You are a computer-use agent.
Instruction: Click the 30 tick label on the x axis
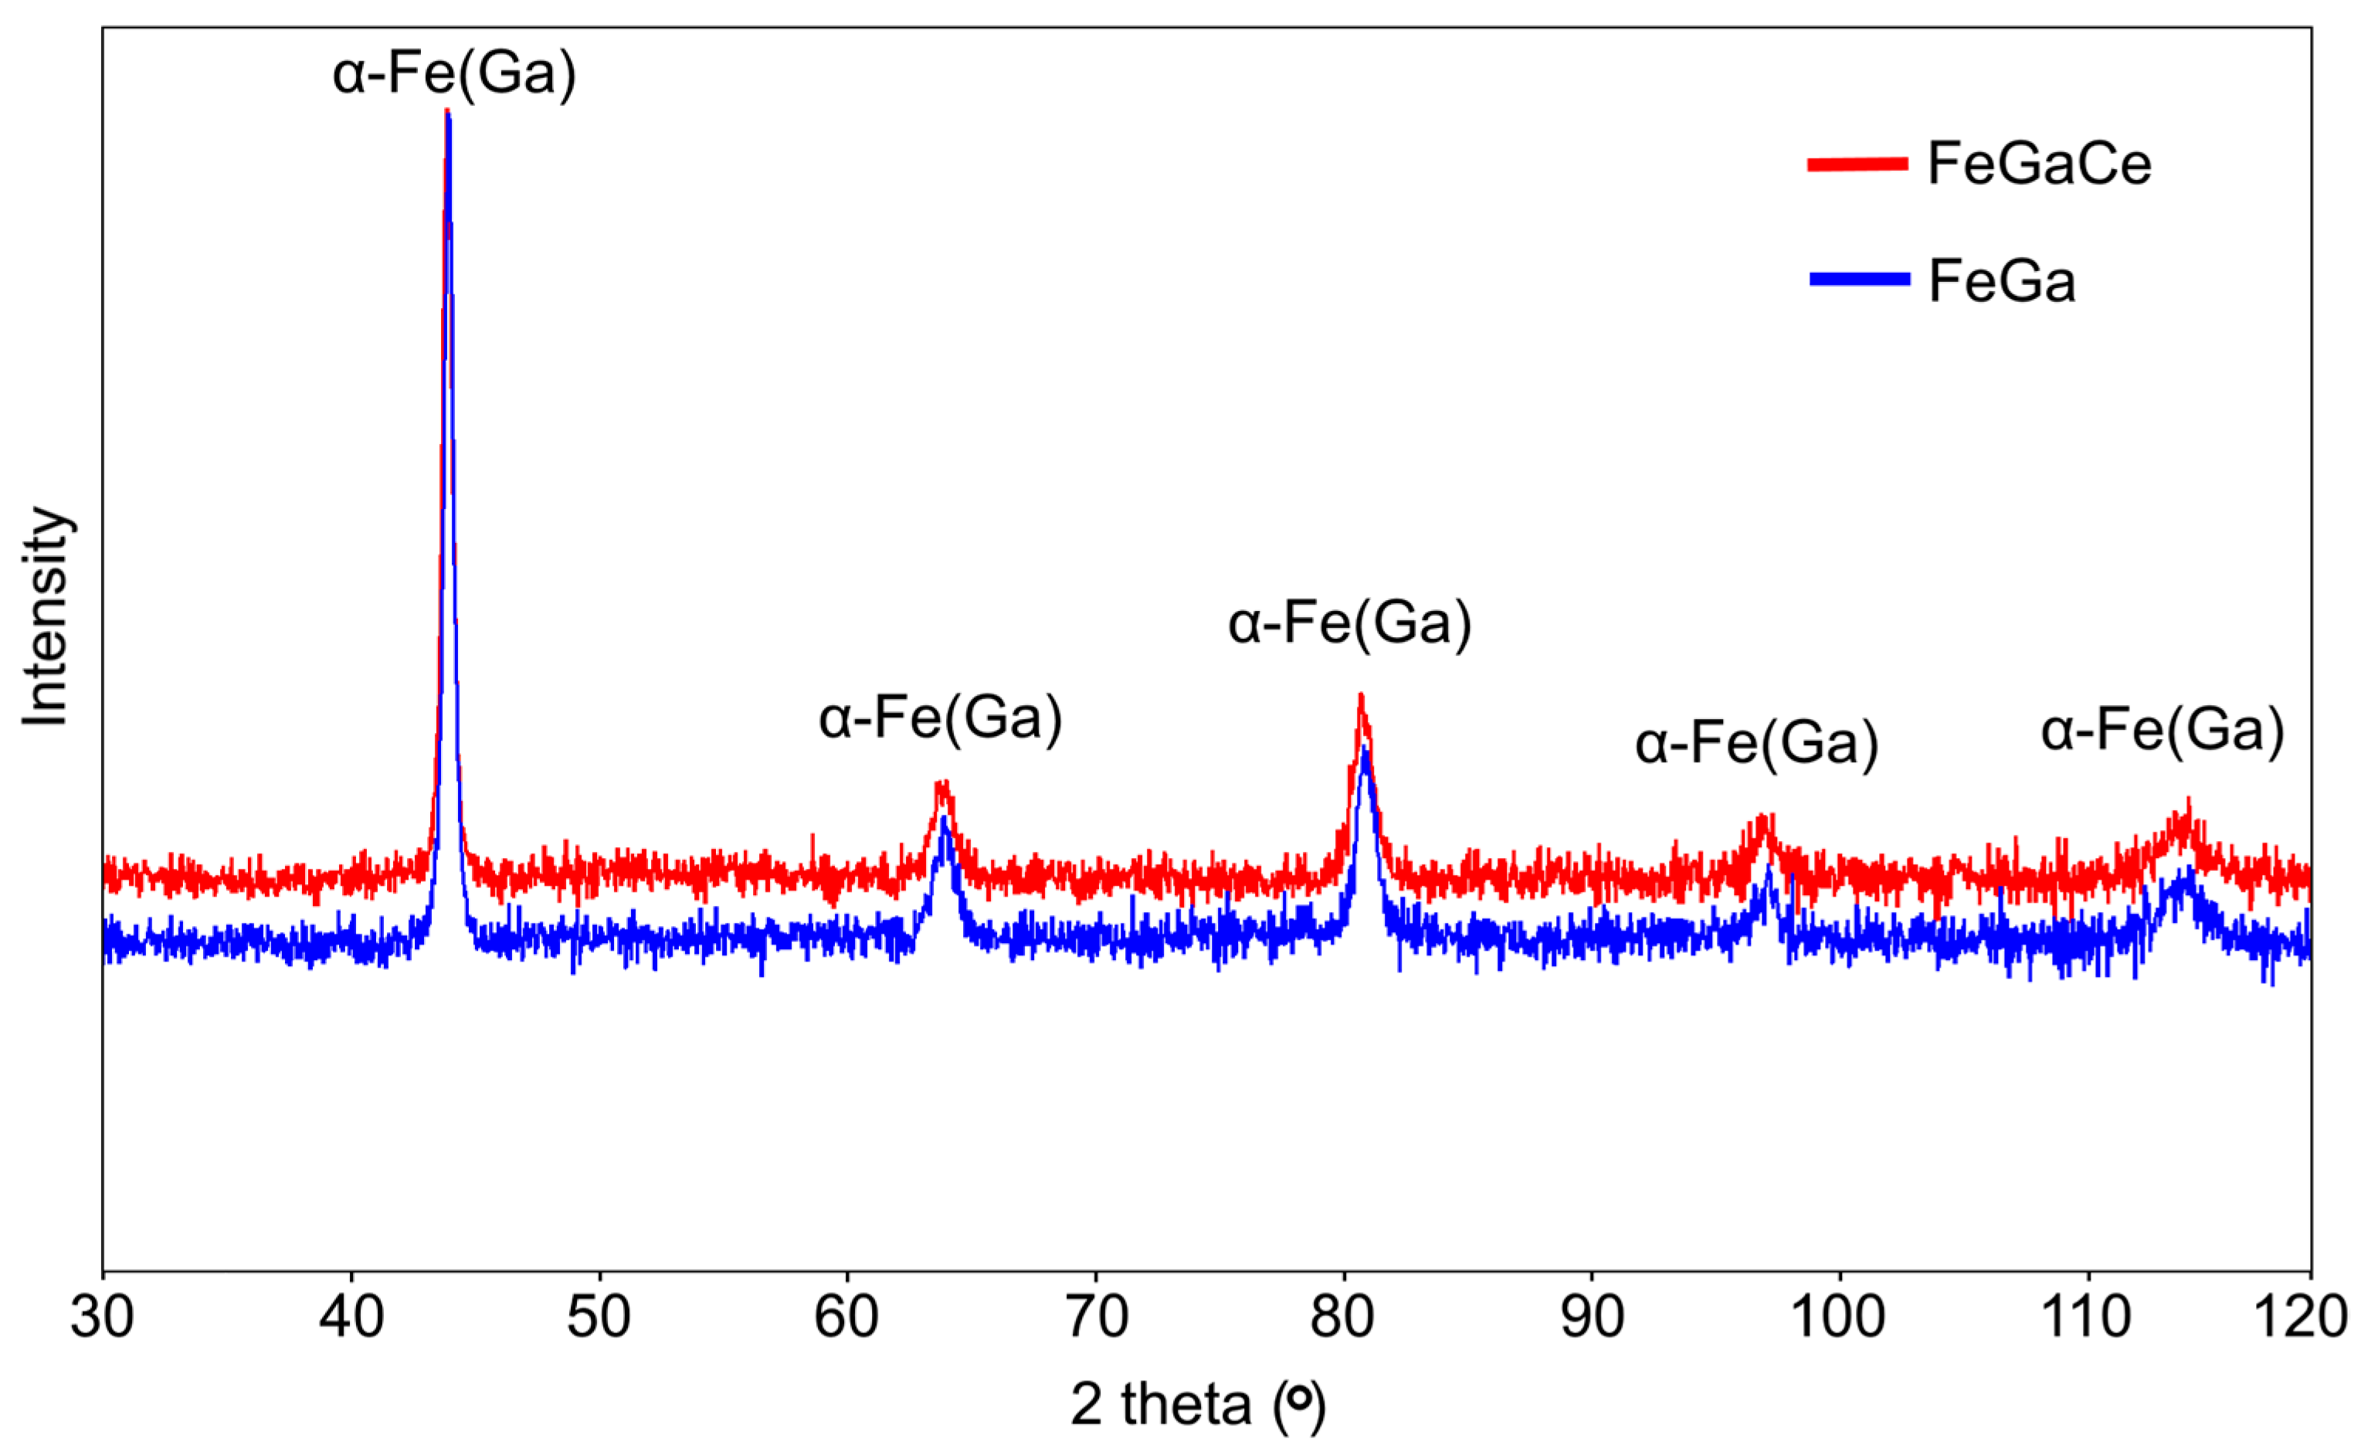point(102,1318)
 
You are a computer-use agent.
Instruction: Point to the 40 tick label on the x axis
point(351,1318)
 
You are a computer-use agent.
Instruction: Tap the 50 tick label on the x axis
point(599,1318)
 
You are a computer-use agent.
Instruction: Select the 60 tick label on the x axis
point(846,1318)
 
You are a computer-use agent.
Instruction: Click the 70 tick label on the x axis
point(1096,1318)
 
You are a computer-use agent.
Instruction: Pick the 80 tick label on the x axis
point(1344,1318)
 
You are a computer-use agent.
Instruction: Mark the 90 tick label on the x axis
point(1593,1318)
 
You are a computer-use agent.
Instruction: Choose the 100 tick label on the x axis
point(1840,1318)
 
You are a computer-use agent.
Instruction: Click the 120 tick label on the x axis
point(2312,1318)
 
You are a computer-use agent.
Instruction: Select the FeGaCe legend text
point(2039,164)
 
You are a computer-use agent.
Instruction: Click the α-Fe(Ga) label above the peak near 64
point(941,718)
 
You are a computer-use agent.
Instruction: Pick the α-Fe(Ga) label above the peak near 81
point(1350,623)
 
